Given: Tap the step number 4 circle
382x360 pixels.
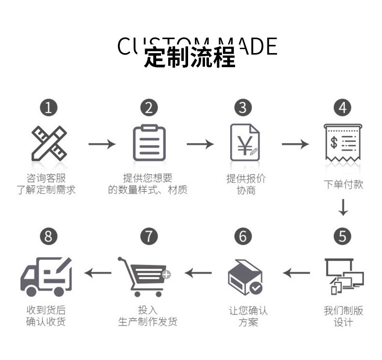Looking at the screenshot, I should point(343,107).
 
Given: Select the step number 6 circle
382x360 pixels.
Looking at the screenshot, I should point(243,236).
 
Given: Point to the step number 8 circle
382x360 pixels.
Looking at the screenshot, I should point(48,236).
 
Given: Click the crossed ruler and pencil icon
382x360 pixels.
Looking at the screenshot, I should point(49,144).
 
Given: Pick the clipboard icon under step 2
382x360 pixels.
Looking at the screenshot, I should point(149,143).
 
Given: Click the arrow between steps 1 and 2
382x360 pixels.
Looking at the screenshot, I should point(102,144).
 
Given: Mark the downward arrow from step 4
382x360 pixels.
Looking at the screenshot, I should point(343,207).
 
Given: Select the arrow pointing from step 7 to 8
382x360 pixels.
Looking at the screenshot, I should point(98,273).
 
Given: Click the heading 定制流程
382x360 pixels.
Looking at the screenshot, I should point(190,58).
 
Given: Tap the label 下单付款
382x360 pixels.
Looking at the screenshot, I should point(343,184).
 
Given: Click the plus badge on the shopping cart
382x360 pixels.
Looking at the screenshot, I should point(166,274).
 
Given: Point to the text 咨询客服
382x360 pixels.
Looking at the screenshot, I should point(46,178).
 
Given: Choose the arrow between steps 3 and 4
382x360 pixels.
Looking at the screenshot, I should point(295,144).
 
